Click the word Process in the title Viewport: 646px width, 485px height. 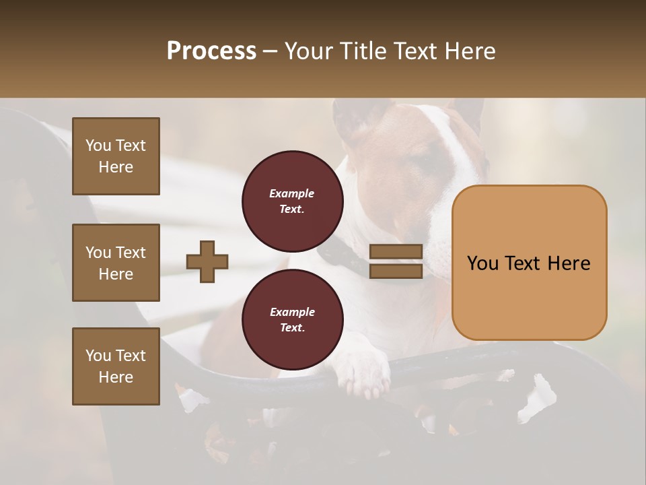(x=211, y=51)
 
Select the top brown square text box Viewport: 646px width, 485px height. (x=116, y=156)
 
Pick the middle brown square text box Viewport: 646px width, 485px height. (x=116, y=263)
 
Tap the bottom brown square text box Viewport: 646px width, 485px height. (x=116, y=366)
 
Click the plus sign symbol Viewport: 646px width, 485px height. (x=207, y=261)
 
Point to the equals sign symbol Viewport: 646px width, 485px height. (x=396, y=261)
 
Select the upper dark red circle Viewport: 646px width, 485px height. (x=293, y=201)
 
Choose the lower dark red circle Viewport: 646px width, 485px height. (x=293, y=320)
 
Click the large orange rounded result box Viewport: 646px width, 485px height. (x=529, y=262)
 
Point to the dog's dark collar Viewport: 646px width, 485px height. (x=340, y=253)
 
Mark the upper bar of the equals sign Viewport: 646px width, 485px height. (x=396, y=252)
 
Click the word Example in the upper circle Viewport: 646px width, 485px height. (x=292, y=194)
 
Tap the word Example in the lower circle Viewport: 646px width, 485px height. (x=292, y=313)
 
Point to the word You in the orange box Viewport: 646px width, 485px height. (x=482, y=263)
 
